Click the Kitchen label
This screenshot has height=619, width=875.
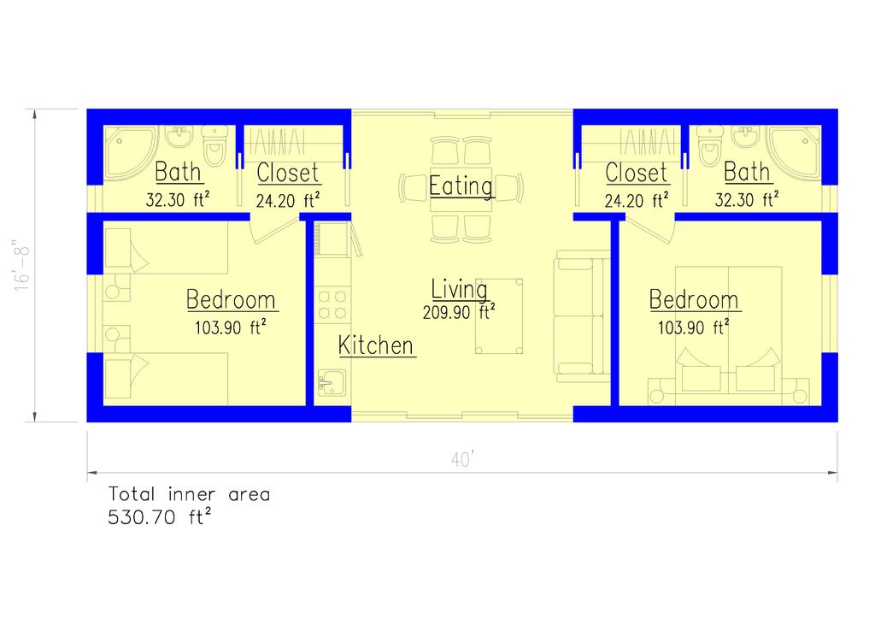[x=377, y=346]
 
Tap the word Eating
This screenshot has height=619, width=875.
[x=461, y=186]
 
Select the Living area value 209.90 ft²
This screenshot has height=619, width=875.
[x=460, y=313]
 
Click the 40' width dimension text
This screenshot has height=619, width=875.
[x=462, y=460]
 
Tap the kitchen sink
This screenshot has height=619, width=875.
[x=331, y=382]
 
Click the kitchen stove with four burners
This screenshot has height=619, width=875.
[x=332, y=305]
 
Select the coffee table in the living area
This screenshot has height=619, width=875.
[x=499, y=315]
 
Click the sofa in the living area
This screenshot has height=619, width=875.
[x=582, y=315]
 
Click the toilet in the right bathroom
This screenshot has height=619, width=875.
[x=710, y=145]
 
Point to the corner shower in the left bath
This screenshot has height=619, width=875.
[x=128, y=151]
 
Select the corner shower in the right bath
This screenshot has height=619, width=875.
[x=796, y=151]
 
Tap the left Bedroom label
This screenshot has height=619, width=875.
[x=231, y=300]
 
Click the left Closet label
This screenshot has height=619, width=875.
[x=288, y=173]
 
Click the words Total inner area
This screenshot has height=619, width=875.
[x=189, y=494]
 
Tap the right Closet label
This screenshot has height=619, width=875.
[x=637, y=173]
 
